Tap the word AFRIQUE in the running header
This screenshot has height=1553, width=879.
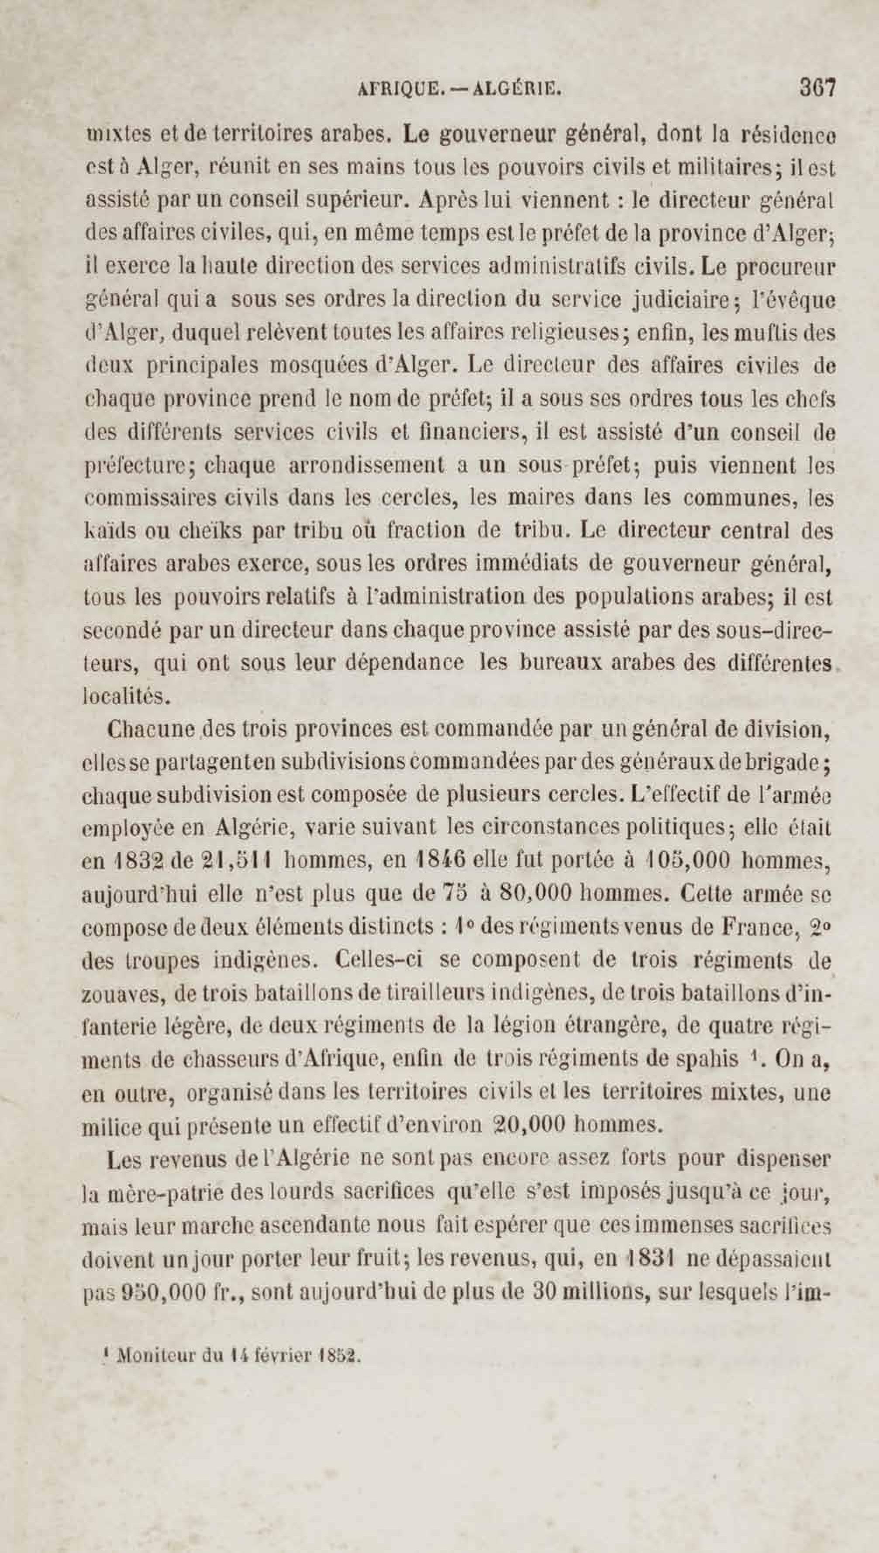click(398, 90)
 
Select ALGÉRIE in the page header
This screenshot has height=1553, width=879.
click(517, 90)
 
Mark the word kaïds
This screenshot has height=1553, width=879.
click(107, 531)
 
